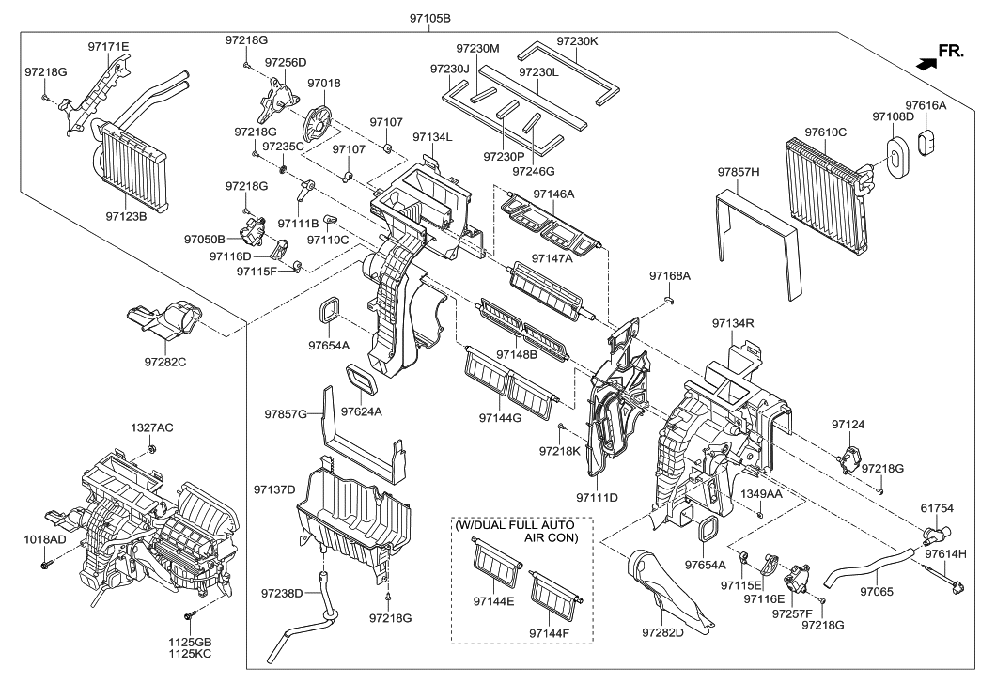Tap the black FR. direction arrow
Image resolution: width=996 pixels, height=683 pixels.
coord(926,64)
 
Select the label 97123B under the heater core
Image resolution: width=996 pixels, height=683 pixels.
coord(126,215)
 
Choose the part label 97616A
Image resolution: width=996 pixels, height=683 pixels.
coord(926,106)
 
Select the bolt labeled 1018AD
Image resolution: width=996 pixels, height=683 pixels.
coord(45,566)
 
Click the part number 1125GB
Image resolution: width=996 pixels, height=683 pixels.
coord(191,643)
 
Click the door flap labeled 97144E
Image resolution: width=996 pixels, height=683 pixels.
coord(494,568)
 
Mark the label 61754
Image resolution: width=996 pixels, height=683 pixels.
coord(936,508)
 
